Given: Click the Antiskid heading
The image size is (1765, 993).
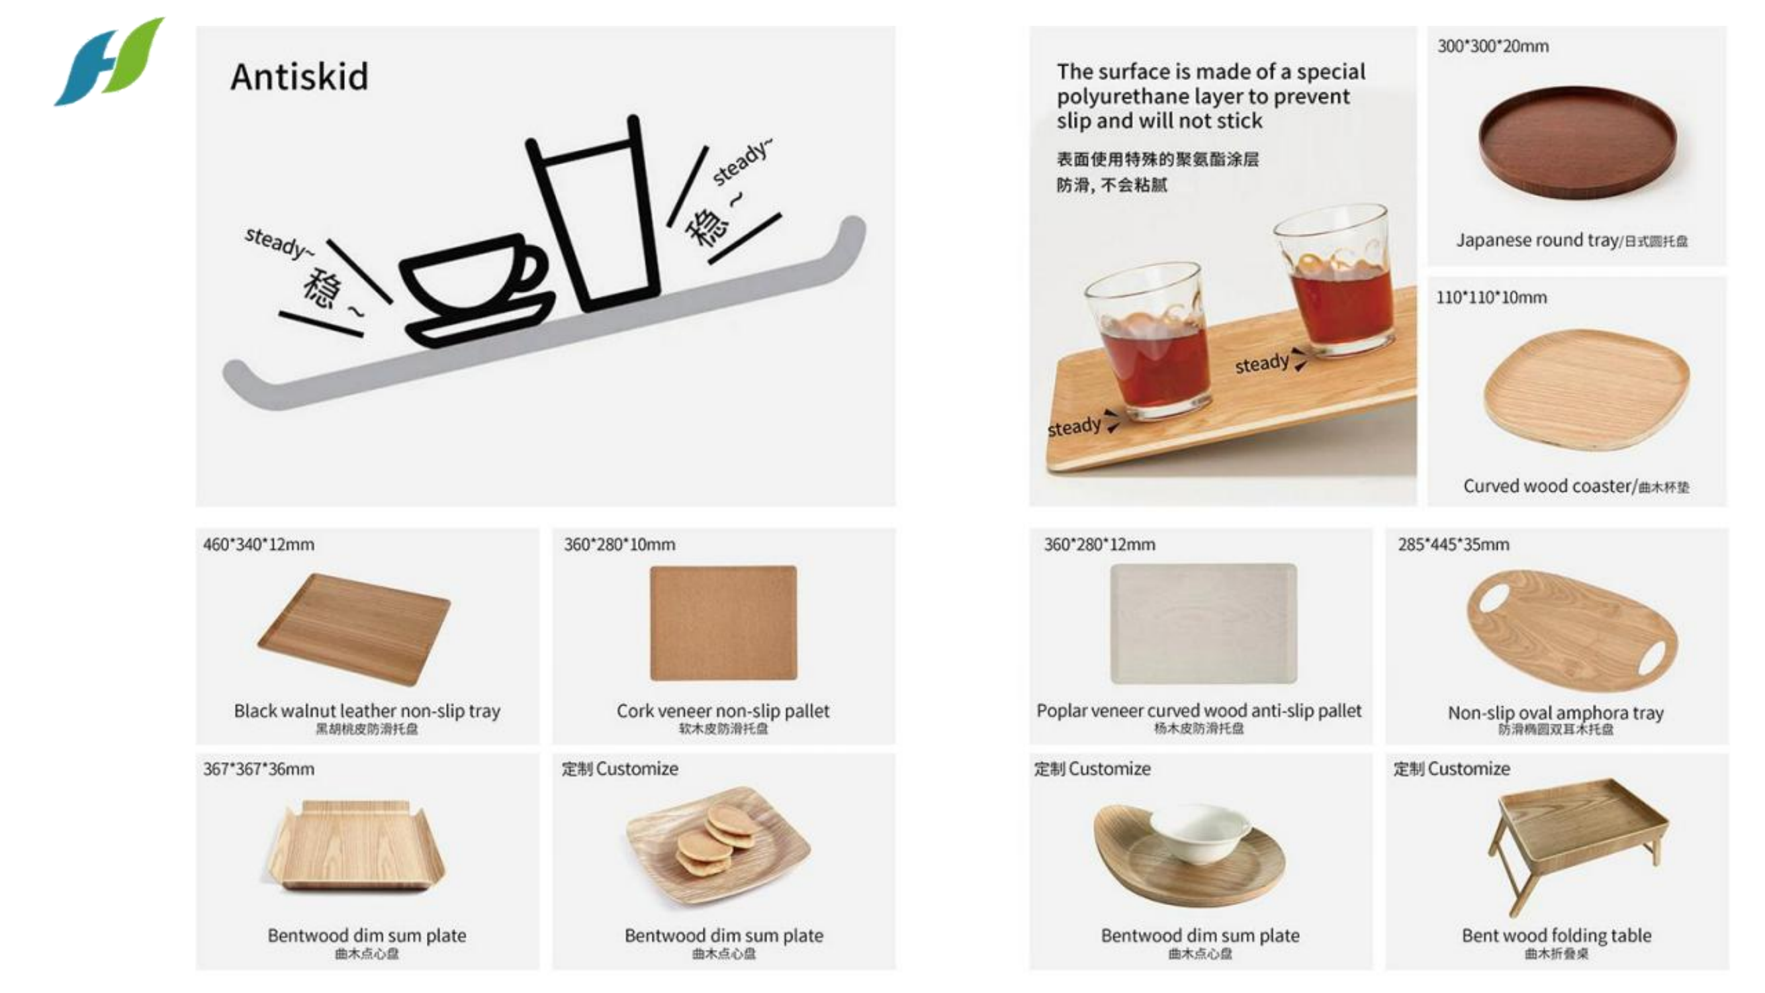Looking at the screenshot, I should tap(298, 77).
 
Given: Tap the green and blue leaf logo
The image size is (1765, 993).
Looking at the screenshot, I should tap(110, 62).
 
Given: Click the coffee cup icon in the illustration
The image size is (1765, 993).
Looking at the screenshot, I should tap(473, 288).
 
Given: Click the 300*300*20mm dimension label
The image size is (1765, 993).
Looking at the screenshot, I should tap(1493, 46).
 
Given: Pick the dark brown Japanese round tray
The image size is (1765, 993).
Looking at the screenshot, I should tap(1576, 142).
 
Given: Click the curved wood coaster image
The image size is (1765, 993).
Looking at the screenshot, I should tap(1586, 388).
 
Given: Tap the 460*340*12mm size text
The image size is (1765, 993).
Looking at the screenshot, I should tap(258, 545).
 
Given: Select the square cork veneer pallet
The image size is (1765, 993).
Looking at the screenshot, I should tap(723, 623).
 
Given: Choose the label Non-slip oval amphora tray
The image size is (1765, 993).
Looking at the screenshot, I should tap(1555, 713).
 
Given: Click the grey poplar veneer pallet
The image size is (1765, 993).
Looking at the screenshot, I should tap(1202, 623).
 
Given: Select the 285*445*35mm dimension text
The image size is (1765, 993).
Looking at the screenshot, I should tap(1453, 545).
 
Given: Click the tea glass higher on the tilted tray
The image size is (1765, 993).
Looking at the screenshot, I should tap(1336, 281).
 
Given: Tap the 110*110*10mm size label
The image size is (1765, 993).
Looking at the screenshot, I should tap(1491, 298).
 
